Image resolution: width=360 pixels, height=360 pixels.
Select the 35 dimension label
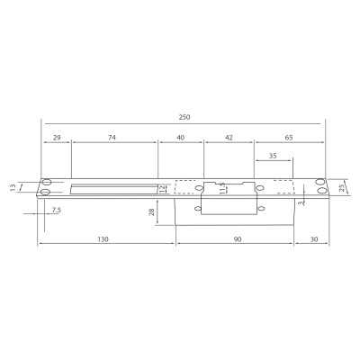pyautogui.click(x=274, y=156)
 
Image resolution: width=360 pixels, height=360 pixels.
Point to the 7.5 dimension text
pyautogui.click(x=57, y=210)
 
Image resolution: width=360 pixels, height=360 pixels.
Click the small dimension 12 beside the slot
pyautogui.click(x=162, y=189)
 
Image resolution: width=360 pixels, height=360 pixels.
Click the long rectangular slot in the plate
pyautogui.click(x=112, y=189)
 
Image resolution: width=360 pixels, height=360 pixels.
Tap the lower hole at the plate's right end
pyautogui.click(x=319, y=193)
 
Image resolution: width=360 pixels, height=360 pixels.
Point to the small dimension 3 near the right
pyautogui.click(x=300, y=203)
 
